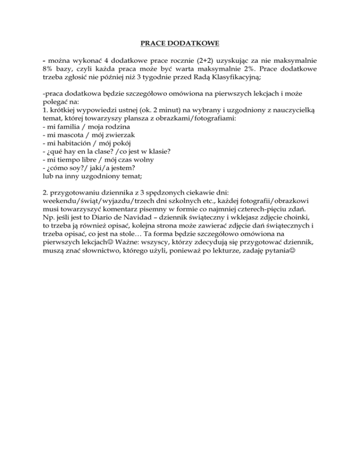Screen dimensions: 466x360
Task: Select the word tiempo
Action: [x=71, y=160]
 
